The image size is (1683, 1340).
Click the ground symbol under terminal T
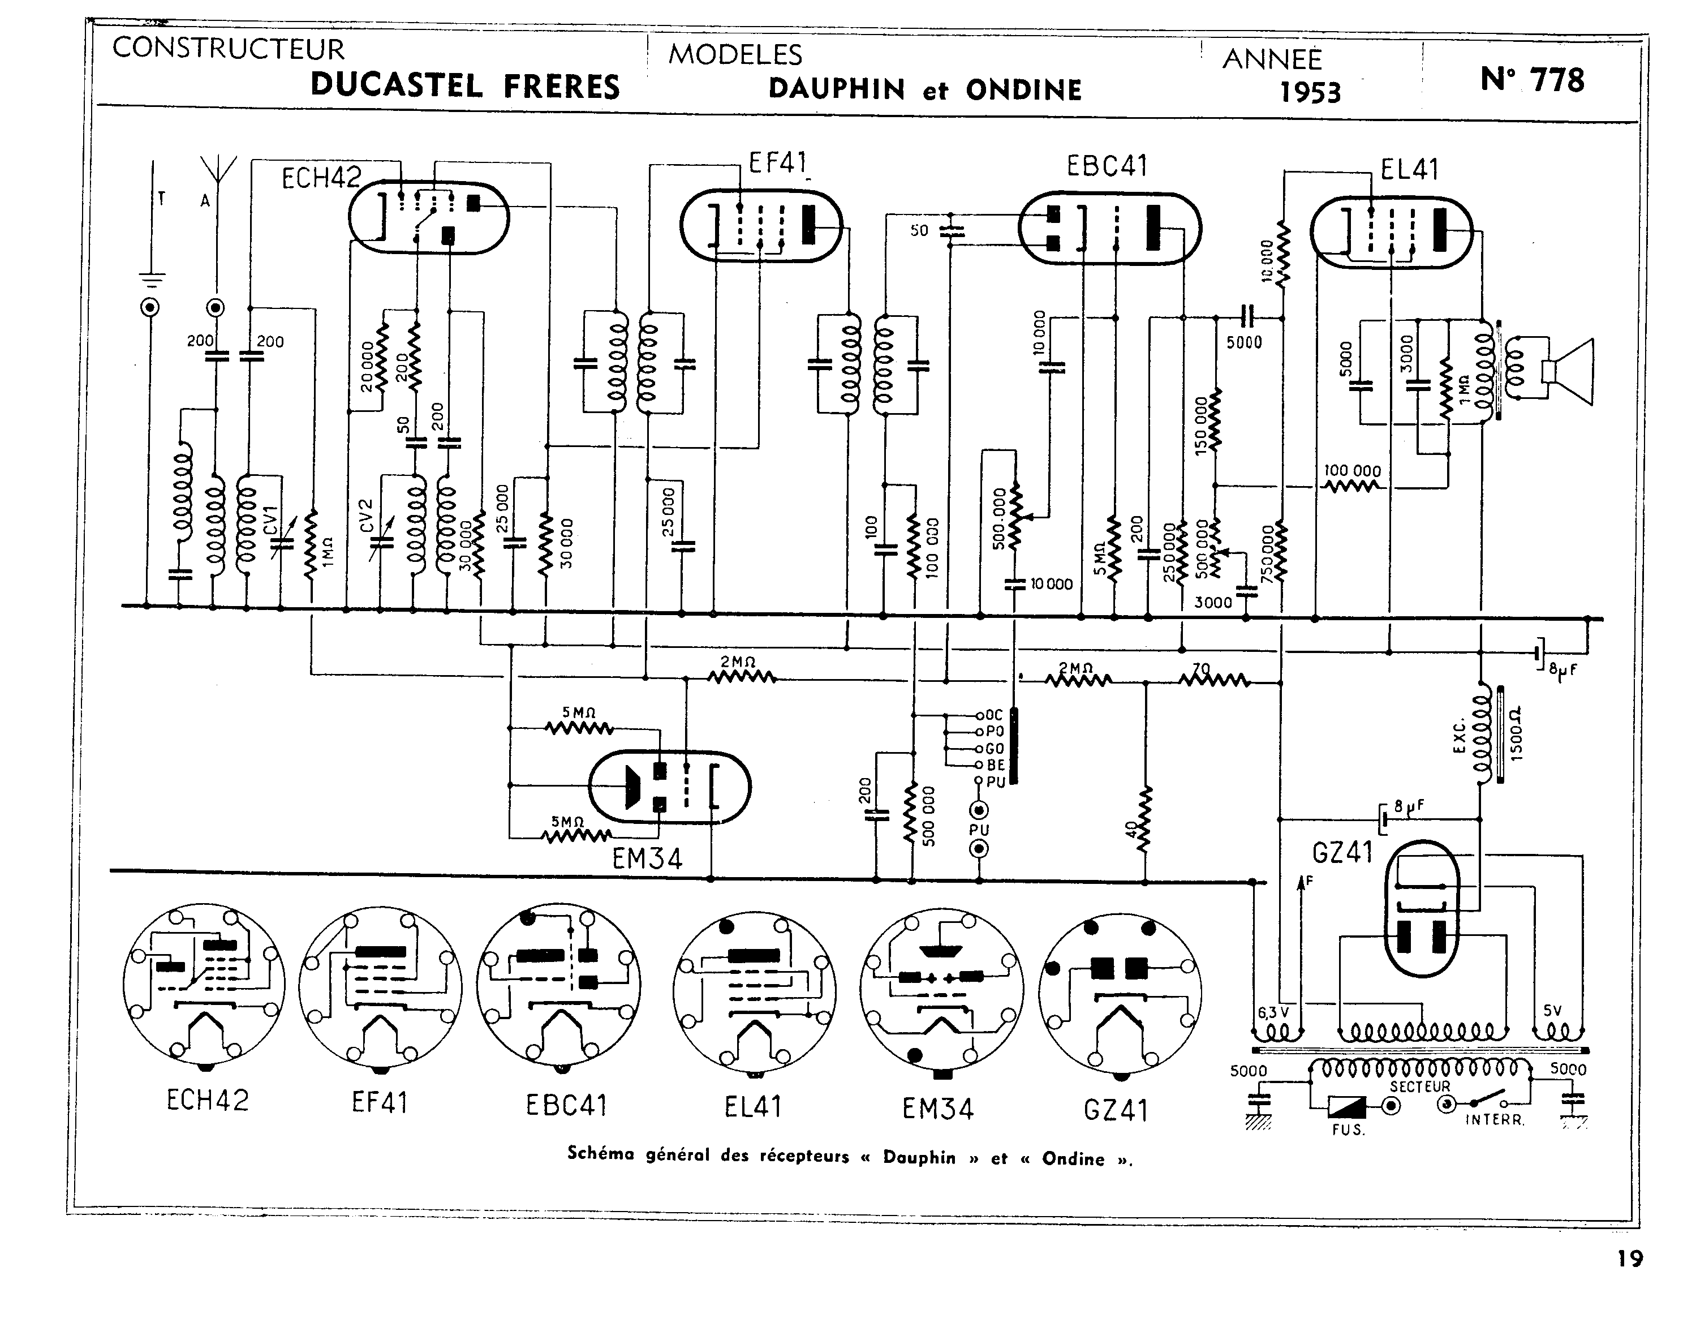pos(152,277)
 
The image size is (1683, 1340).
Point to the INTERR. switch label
pos(1494,1120)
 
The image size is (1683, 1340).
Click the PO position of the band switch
pos(993,732)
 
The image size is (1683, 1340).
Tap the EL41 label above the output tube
pos(1409,169)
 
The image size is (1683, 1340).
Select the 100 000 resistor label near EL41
pos(1352,471)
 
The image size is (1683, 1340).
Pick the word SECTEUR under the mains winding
pos(1419,1086)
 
